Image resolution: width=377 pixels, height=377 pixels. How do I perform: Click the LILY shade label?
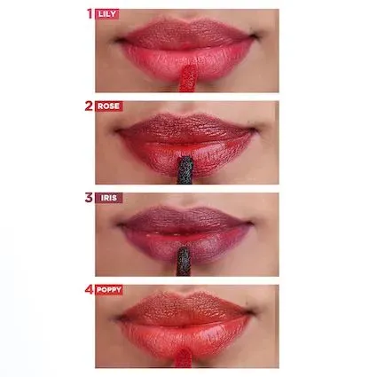pos(107,14)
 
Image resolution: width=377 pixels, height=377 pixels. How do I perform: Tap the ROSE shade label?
pos(109,106)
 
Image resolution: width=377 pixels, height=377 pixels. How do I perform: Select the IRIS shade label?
pos(109,198)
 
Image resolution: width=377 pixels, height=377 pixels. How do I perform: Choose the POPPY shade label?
pos(109,290)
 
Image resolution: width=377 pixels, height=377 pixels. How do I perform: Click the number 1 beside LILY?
pos(90,13)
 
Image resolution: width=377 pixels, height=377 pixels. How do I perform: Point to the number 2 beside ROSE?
pos(89,106)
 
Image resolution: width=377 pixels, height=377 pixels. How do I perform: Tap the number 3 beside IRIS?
pos(89,198)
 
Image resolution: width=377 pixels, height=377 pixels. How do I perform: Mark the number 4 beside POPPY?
pos(89,290)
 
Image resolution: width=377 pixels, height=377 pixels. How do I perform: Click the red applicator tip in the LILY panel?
pos(188,78)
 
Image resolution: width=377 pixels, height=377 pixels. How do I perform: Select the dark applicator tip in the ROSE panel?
pos(185,170)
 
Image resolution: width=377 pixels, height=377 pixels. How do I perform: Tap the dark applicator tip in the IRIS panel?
pos(184,262)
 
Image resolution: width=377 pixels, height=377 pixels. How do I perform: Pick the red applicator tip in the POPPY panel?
pos(184,357)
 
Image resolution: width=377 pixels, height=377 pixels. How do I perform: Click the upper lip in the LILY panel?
pos(186,34)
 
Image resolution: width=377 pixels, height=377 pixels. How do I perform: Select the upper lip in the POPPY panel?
pos(185,309)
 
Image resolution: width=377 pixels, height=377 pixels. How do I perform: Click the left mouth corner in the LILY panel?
pos(118,40)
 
